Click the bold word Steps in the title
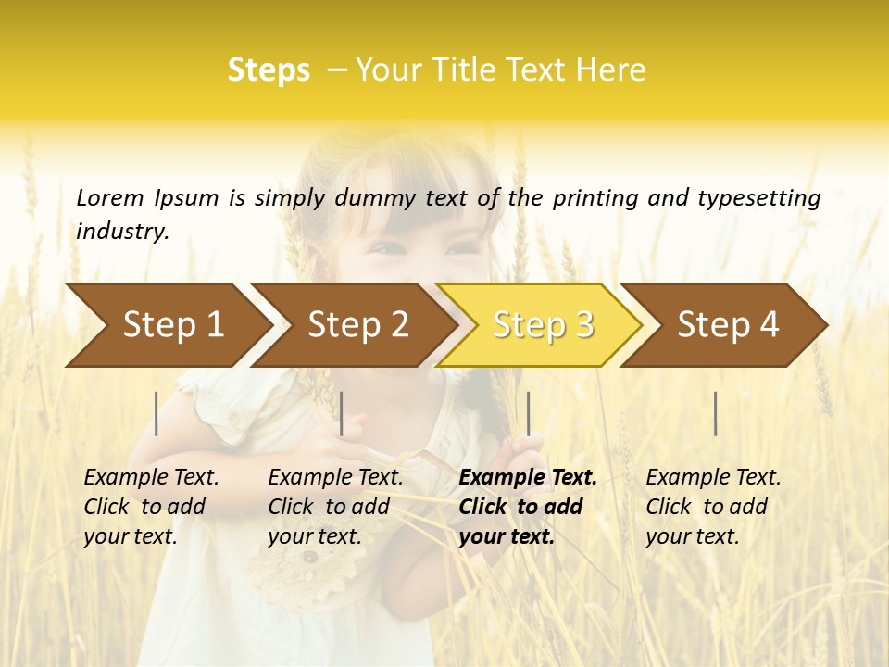[269, 70]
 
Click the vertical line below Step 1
[157, 413]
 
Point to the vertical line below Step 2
[342, 413]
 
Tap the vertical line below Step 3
[529, 413]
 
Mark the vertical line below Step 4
[716, 413]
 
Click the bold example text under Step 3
[527, 507]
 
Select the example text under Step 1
[151, 507]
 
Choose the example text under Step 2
[335, 507]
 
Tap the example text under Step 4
[713, 507]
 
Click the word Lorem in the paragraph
[110, 197]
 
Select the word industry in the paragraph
[121, 232]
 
